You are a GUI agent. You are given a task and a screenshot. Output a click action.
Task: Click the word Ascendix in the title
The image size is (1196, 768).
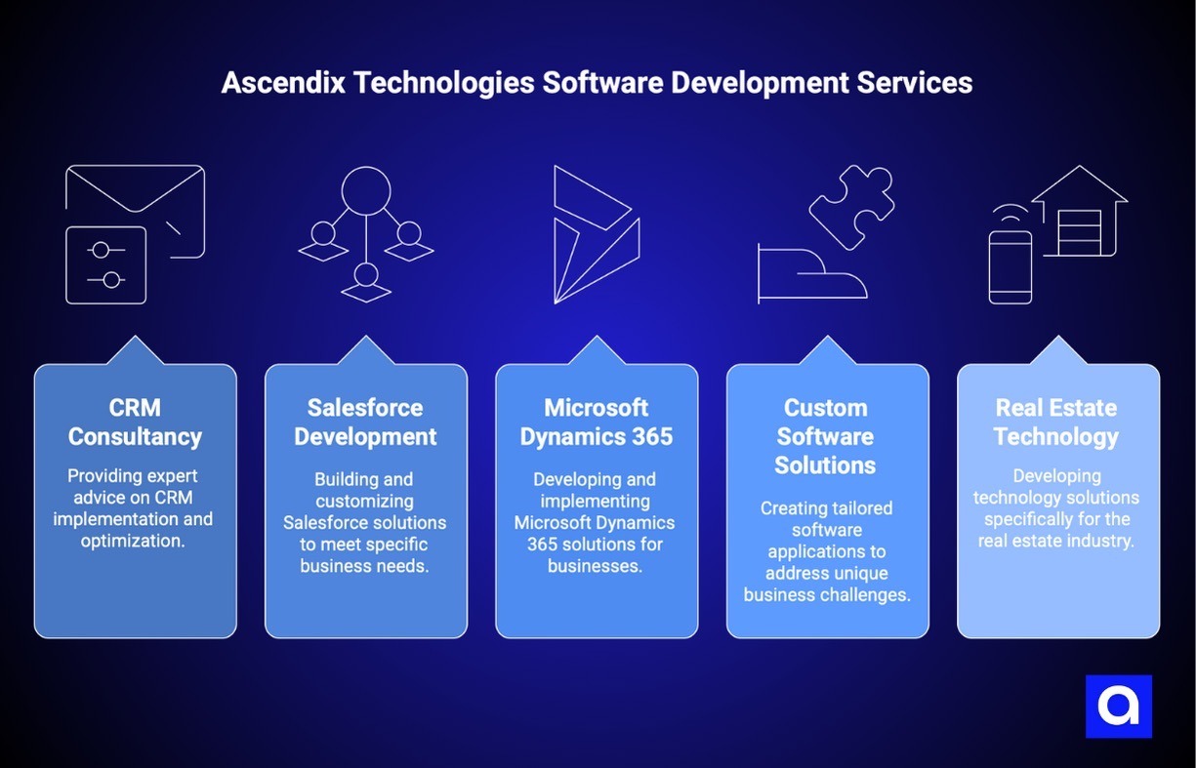tap(280, 83)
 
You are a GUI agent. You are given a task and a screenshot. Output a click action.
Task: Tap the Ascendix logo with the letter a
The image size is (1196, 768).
tap(1118, 706)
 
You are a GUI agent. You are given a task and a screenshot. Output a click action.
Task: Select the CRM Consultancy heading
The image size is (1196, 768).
tap(135, 422)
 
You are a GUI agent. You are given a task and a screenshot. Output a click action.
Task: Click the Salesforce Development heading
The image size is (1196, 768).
tap(366, 422)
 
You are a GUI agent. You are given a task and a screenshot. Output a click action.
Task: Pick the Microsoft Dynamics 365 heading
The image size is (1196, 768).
tap(597, 422)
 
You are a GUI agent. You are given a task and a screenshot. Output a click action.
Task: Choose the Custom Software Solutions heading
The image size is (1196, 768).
tap(826, 436)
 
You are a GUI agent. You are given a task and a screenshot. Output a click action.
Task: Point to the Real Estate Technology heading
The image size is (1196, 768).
tap(1056, 422)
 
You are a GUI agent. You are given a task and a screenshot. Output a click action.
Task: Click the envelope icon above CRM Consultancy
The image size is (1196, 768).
tap(136, 200)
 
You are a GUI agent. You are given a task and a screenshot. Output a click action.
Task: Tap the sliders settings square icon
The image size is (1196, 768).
tap(105, 264)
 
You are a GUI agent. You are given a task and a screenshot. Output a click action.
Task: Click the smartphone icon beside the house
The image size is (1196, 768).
tap(1010, 265)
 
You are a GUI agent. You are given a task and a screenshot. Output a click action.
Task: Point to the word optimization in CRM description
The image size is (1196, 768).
tap(132, 540)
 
